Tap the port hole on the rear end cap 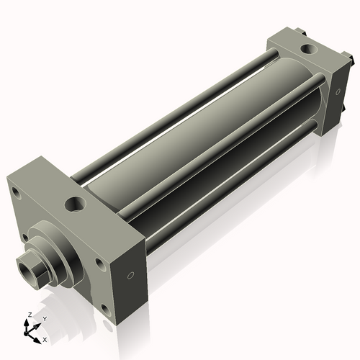point(308,49)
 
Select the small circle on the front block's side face point(131,276)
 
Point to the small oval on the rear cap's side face point(338,91)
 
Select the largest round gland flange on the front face point(56,252)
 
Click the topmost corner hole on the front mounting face point(17,193)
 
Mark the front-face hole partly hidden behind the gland point(24,237)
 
